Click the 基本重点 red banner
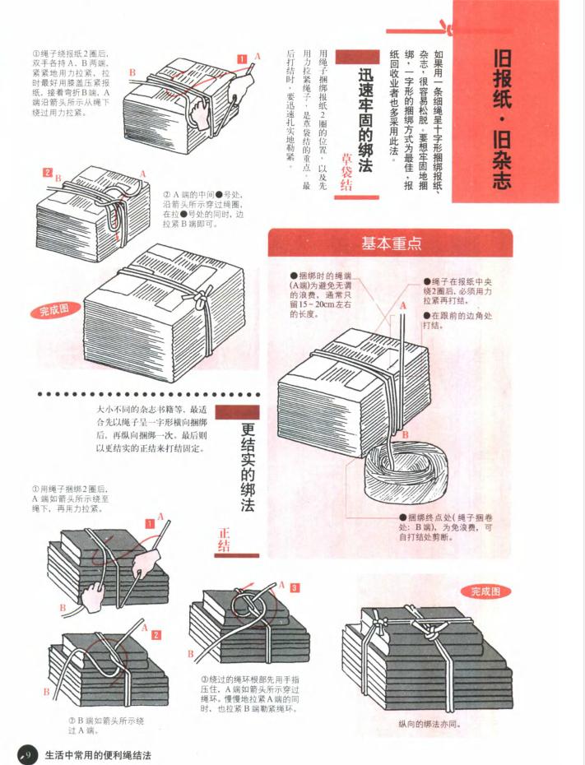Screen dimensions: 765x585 tap(392, 243)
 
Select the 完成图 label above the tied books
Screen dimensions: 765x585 tap(490, 591)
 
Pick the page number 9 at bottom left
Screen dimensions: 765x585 tap(26, 753)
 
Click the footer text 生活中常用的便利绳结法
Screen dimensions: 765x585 tap(99, 753)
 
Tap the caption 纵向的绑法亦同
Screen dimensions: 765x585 tap(428, 724)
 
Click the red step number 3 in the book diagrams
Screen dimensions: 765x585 tap(294, 587)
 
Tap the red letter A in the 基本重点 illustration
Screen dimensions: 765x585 tap(403, 305)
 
